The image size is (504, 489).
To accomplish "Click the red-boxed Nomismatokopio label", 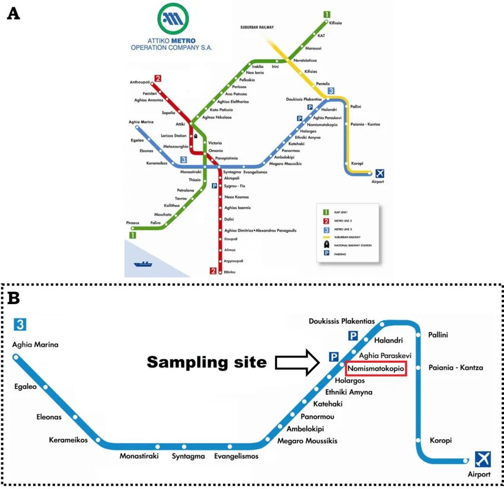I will (x=375, y=369).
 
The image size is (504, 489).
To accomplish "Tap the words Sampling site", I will (x=207, y=362).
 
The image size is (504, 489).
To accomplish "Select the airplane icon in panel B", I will (x=483, y=459).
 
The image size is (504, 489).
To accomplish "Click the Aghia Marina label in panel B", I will (x=36, y=344).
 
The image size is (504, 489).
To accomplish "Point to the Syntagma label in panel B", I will (x=189, y=456).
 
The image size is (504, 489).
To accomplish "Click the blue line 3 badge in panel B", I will (x=21, y=324).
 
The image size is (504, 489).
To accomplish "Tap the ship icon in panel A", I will (x=143, y=263).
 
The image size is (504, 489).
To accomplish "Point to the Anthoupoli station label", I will (x=140, y=82).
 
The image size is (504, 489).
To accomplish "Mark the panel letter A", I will (x=13, y=14).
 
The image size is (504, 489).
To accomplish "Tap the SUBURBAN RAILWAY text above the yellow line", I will (x=257, y=27).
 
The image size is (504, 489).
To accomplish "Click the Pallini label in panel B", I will (x=438, y=335).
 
